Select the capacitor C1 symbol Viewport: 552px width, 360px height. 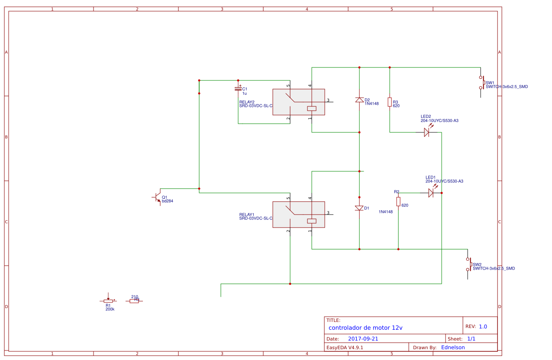click(x=238, y=88)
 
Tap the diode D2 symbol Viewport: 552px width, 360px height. click(x=359, y=100)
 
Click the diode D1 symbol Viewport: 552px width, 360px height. click(x=359, y=208)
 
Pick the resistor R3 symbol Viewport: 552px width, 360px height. click(x=390, y=102)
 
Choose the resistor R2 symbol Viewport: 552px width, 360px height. click(x=398, y=201)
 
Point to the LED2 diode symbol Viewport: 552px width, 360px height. click(x=426, y=132)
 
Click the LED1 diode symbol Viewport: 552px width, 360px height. click(x=431, y=193)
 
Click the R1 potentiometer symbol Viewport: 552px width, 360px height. click(x=108, y=301)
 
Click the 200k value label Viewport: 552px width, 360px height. click(x=110, y=309)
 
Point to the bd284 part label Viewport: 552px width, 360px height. click(x=168, y=201)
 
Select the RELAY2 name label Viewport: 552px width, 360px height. click(x=247, y=102)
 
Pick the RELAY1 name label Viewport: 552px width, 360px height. click(x=247, y=215)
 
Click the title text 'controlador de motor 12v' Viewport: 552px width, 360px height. click(x=365, y=328)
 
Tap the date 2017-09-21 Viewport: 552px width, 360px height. click(x=363, y=339)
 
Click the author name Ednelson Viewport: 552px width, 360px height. click(x=453, y=347)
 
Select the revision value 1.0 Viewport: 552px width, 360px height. click(x=483, y=327)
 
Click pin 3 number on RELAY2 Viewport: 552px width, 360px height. click(x=328, y=100)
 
